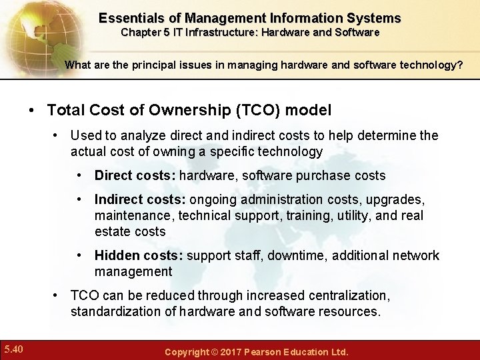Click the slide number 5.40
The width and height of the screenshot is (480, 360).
pos(13,349)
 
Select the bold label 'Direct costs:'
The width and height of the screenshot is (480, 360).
pos(135,176)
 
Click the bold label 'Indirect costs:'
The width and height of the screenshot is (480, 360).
pos(141,200)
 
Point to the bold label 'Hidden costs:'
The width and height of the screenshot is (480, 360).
pos(139,256)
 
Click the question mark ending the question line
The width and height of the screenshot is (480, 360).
pos(459,65)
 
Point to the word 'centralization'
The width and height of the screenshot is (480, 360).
pos(347,295)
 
